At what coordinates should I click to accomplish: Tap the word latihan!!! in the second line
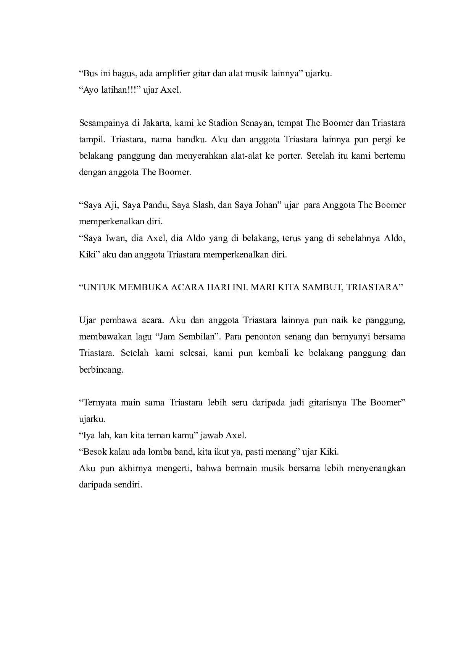(x=121, y=91)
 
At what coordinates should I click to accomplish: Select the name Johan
(x=266, y=205)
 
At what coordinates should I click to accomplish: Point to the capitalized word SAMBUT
(x=321, y=287)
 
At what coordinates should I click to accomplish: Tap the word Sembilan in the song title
(x=199, y=337)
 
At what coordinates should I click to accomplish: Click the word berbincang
(x=101, y=370)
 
